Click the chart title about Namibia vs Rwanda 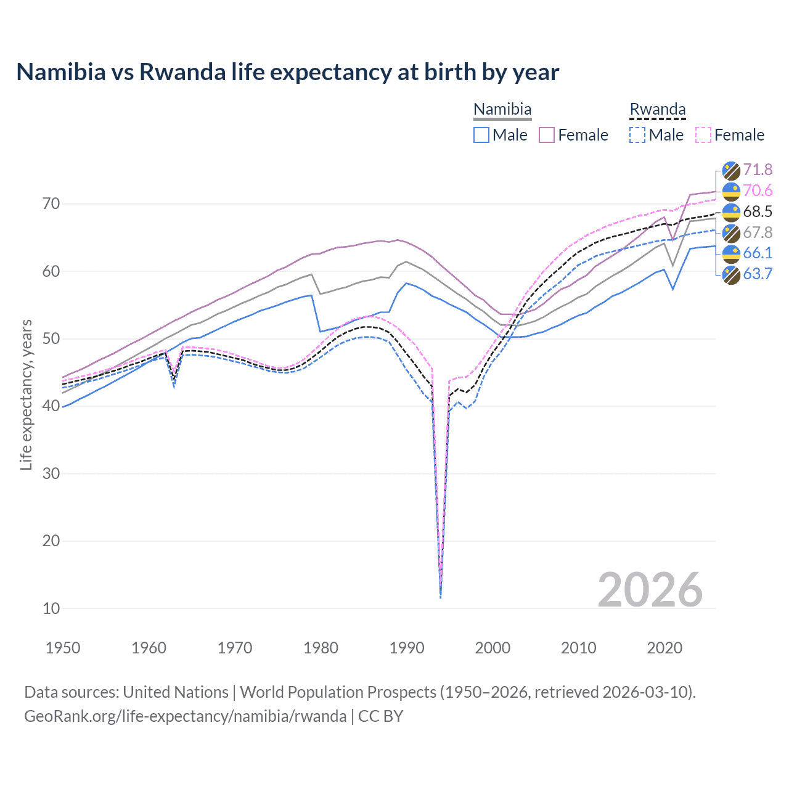coord(287,72)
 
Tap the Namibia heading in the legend coord(502,110)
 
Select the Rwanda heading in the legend coord(657,110)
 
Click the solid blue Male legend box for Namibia coord(481,135)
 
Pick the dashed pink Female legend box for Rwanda coord(703,135)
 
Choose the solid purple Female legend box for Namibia coord(547,135)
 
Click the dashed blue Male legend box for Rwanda coord(637,135)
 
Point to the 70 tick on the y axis coord(51,203)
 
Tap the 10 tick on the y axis coord(51,608)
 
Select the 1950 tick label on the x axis coord(63,648)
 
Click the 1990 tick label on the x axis coord(407,648)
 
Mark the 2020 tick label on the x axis coord(664,648)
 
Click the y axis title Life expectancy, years coord(26,394)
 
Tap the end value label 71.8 coord(758,170)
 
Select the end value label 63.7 coord(758,274)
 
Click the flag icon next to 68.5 coord(731,212)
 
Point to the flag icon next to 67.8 coord(731,233)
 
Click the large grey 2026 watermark coord(650,590)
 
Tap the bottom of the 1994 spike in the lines coord(440,597)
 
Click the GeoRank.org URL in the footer coord(185,716)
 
